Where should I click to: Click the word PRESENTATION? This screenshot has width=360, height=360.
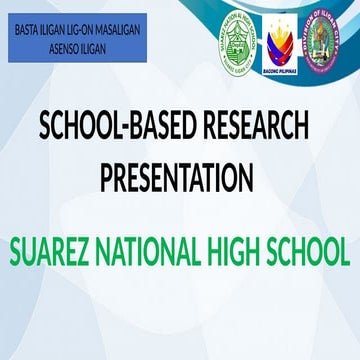(x=176, y=179)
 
